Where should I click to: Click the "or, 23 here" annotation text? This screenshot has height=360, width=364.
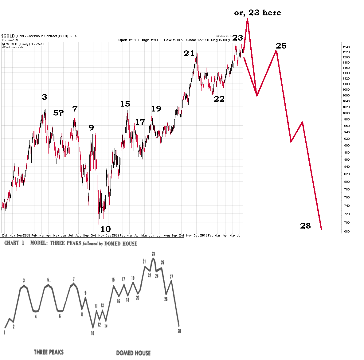(x=257, y=13)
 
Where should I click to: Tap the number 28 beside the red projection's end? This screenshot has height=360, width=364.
(x=305, y=226)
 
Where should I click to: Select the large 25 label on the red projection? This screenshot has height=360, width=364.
(x=281, y=46)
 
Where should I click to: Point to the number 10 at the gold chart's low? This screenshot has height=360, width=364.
(x=105, y=229)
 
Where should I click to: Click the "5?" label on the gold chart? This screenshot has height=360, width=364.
(x=58, y=113)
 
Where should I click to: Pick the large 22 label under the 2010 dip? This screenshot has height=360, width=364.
(x=219, y=99)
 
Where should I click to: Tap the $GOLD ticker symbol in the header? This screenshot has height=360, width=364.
(x=8, y=36)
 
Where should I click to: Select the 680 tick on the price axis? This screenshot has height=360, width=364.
(x=346, y=232)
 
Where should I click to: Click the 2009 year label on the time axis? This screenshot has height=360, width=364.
(x=115, y=236)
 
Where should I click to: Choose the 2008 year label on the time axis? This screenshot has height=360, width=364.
(x=27, y=236)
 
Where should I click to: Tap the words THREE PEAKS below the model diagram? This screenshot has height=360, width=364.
(x=49, y=352)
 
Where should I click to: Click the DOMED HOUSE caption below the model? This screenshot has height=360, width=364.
(x=133, y=353)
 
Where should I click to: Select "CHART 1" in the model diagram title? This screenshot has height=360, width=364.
(x=14, y=243)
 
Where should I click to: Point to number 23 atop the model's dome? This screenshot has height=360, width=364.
(x=153, y=254)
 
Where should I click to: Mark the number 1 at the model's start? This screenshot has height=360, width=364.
(x=4, y=332)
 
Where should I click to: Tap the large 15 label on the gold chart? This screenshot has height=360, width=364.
(x=125, y=104)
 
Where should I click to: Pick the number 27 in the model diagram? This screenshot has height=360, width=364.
(x=171, y=276)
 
